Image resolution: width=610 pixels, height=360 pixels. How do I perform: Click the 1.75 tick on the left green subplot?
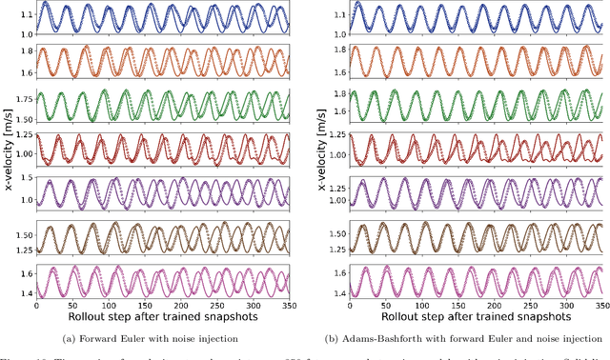pyautogui.click(x=21, y=99)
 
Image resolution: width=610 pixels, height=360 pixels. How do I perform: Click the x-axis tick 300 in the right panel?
pyautogui.click(x=568, y=307)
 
